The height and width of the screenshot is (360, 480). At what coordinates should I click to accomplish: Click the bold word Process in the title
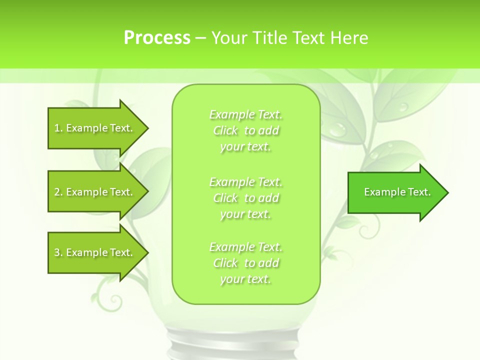(x=157, y=38)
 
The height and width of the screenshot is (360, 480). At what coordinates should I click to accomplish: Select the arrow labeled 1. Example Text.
(x=95, y=128)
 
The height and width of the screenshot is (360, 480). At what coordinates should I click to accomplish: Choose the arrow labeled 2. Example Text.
(x=95, y=192)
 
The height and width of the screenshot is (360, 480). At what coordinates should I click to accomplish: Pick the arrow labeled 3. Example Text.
(x=95, y=252)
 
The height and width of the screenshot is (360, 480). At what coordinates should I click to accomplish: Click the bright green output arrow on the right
(x=395, y=192)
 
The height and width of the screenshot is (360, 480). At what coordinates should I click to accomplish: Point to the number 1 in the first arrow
(x=57, y=128)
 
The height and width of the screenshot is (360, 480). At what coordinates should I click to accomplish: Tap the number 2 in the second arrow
(x=57, y=192)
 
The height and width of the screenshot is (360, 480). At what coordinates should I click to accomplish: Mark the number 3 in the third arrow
(x=57, y=252)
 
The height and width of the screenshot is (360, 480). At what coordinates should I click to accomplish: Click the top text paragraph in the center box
(x=246, y=130)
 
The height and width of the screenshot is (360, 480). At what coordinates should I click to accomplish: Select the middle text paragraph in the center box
(x=246, y=198)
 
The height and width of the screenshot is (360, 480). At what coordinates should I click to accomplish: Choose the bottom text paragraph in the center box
(x=246, y=263)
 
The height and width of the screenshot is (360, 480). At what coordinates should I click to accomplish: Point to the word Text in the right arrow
(x=419, y=192)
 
